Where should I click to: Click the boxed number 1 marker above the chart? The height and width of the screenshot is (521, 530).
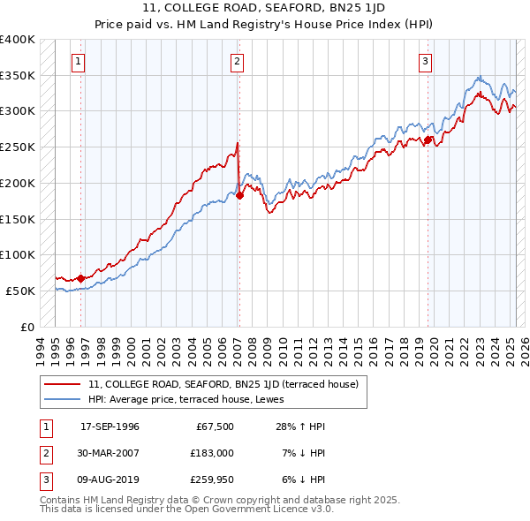[79, 62]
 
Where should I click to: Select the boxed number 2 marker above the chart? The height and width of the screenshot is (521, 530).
[238, 62]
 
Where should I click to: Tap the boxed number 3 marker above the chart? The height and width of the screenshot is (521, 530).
[426, 62]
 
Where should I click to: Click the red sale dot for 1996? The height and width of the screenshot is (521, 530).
[80, 278]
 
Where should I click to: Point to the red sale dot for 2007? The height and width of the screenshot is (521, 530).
[239, 196]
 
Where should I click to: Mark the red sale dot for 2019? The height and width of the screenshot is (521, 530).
[428, 140]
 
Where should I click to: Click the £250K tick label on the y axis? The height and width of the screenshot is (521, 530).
[19, 147]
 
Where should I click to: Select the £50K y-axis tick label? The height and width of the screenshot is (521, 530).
[22, 291]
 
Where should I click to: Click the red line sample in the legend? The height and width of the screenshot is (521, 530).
[62, 384]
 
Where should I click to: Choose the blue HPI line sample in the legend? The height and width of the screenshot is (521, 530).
[62, 399]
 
